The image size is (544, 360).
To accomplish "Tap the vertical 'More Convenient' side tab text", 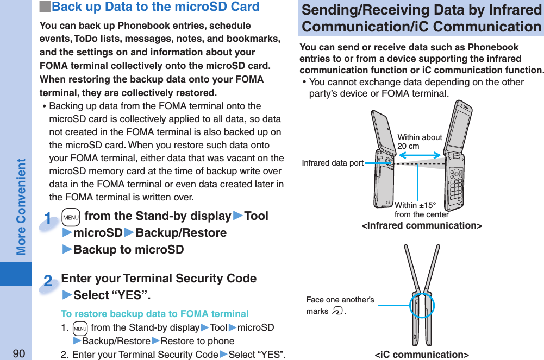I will coord(21,206).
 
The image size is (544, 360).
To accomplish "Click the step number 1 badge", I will coord(49,220).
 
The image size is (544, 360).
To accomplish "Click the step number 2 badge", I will coord(48,282).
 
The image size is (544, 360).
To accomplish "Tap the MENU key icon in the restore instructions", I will coord(80,328).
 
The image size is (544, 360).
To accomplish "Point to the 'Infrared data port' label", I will coord(333,163).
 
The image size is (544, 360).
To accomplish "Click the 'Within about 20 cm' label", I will coord(419,142).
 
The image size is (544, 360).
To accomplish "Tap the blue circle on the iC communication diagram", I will coord(421,305).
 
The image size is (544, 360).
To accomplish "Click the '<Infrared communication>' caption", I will coord(422,225).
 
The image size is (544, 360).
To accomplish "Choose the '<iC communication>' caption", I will coord(422,355).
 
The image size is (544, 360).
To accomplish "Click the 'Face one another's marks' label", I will coord(340,305).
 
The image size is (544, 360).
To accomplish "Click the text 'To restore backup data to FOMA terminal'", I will coord(155,314).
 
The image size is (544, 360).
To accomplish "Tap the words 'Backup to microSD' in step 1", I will coord(128,250).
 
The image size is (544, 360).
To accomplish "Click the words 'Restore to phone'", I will coord(198,341).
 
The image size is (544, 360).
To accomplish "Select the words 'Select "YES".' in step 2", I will coord(112,295).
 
